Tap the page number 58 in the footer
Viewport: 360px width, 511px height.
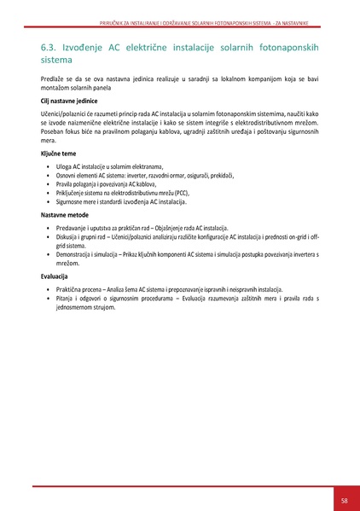click(343, 500)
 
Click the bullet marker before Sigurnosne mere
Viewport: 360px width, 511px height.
click(48, 203)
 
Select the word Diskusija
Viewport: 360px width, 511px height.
click(70, 240)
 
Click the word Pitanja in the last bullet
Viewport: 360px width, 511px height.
click(67, 300)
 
